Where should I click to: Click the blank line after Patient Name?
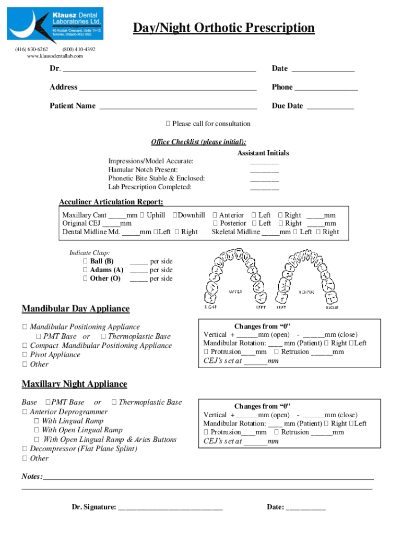tap(178, 106)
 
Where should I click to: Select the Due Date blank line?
tap(330, 106)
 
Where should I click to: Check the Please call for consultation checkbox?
tap(168, 124)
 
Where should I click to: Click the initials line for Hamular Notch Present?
tap(264, 171)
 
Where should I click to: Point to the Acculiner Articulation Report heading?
tap(111, 202)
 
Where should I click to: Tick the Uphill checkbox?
tap(141, 215)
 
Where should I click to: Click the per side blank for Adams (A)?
tap(138, 271)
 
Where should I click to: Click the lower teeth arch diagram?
tap(303, 276)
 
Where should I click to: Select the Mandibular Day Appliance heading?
tap(75, 309)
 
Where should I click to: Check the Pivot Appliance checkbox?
tap(25, 355)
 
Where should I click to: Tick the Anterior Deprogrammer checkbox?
tap(25, 412)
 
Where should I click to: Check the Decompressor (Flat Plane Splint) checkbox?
tap(25, 449)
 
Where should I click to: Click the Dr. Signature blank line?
tap(170, 507)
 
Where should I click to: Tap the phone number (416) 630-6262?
tap(32, 49)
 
